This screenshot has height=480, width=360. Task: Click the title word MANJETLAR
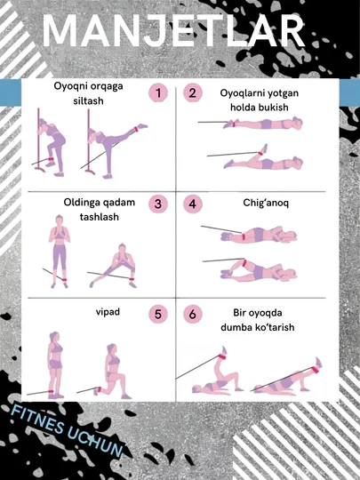click(173, 30)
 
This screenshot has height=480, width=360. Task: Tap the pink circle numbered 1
click(158, 93)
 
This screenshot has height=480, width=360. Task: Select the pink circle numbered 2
click(193, 93)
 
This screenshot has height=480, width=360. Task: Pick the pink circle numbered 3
click(158, 204)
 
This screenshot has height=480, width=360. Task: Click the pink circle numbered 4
click(193, 204)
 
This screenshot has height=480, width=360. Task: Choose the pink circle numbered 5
click(158, 314)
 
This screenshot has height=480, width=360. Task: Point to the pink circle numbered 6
click(193, 314)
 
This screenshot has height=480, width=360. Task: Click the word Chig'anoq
click(266, 203)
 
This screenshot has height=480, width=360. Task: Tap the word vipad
click(108, 312)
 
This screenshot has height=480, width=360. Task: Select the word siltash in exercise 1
click(88, 100)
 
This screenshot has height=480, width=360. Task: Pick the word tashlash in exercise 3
click(99, 217)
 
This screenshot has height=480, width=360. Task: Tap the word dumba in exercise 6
click(236, 327)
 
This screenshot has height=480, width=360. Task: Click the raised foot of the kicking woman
click(142, 126)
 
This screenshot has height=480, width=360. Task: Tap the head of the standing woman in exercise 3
click(59, 220)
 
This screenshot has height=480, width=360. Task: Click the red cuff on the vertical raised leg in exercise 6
click(221, 357)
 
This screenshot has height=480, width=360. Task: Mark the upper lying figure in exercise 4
click(259, 235)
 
